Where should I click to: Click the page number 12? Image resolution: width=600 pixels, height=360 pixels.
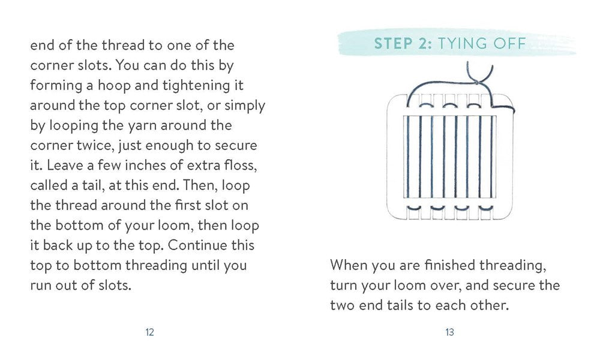[149, 332]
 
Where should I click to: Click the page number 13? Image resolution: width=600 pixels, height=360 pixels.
[449, 332]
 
